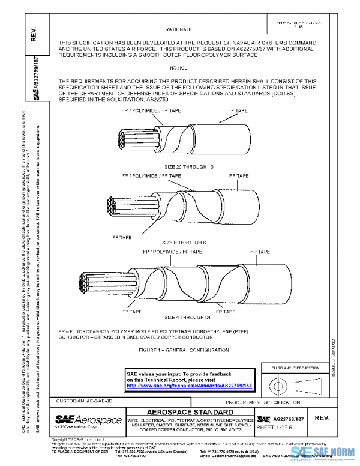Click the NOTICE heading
coord(179,68)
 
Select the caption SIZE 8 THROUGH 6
coord(180,241)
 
